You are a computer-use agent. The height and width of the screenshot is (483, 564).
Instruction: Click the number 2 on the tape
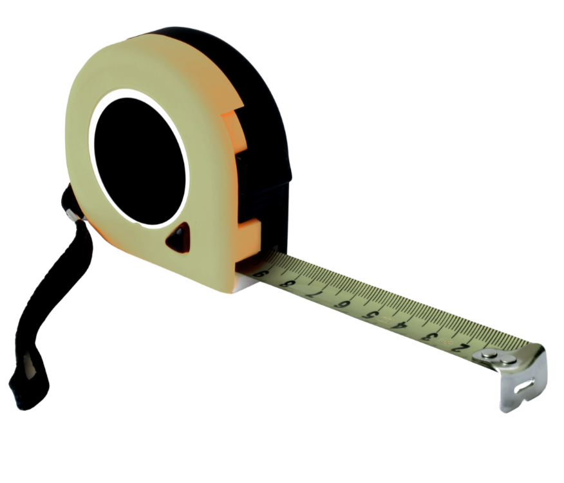[461, 347]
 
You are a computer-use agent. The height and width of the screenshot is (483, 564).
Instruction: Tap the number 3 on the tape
[431, 337]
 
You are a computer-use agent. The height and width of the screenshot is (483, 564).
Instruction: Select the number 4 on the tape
[400, 326]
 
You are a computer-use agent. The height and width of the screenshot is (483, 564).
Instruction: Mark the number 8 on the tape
[287, 285]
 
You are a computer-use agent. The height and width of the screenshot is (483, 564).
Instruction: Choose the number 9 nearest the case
[261, 275]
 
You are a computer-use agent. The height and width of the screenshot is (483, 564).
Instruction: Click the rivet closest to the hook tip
[508, 360]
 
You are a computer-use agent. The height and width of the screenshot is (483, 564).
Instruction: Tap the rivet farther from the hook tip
[489, 355]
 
